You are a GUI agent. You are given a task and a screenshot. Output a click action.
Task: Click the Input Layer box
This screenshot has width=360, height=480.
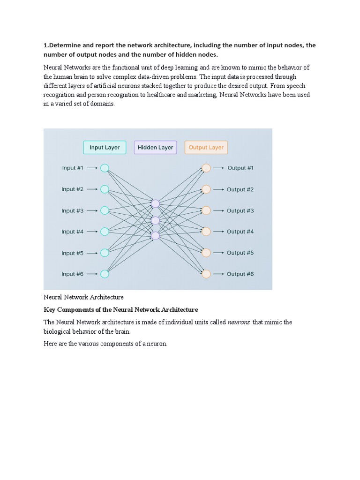click(x=105, y=147)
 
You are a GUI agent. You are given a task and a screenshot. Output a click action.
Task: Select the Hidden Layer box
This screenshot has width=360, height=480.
click(x=155, y=147)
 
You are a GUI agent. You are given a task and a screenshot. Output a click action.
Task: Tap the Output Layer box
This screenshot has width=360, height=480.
click(x=206, y=147)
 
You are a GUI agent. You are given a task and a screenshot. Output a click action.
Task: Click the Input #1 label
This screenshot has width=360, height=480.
click(x=73, y=168)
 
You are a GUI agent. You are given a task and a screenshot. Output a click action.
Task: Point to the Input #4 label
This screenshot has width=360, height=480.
click(x=72, y=232)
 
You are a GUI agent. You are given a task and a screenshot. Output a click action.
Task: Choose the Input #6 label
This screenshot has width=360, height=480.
click(x=72, y=274)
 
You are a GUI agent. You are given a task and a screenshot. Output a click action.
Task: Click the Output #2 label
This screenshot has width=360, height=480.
click(x=240, y=189)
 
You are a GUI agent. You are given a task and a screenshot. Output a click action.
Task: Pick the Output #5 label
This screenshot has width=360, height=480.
click(x=240, y=253)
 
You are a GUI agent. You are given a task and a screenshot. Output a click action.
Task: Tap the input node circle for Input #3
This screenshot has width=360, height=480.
click(x=105, y=210)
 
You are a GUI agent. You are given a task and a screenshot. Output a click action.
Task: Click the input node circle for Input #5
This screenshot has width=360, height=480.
click(x=105, y=253)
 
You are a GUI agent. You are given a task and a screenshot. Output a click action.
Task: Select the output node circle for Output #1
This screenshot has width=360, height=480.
click(x=206, y=168)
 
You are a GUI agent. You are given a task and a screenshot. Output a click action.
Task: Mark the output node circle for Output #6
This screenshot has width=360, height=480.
click(x=206, y=274)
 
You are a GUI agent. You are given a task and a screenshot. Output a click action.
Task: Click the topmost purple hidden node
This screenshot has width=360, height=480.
click(x=155, y=203)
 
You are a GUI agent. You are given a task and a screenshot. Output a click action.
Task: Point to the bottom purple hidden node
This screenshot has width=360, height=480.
click(x=155, y=236)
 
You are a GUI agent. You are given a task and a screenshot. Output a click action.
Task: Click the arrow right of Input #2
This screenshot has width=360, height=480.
click(x=92, y=189)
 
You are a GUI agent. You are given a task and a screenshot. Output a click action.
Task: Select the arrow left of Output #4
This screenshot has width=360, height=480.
click(x=218, y=232)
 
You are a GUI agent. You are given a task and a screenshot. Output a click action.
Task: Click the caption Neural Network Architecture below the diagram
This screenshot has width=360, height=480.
click(x=83, y=297)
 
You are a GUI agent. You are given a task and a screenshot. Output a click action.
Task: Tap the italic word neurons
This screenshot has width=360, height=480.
click(x=239, y=322)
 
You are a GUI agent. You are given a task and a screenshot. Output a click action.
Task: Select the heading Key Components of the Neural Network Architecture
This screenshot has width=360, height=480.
click(x=121, y=310)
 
